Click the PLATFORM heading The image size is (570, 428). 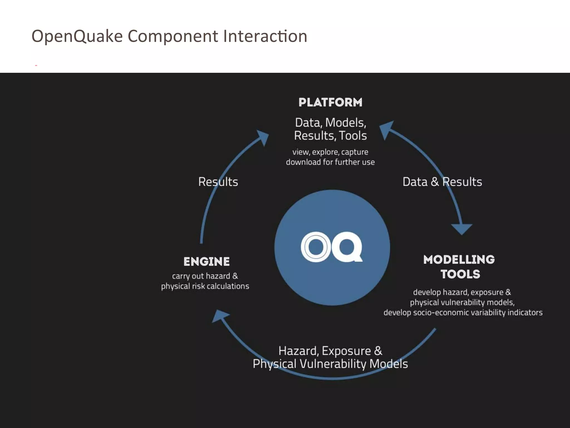click(x=330, y=102)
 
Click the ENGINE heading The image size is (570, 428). click(x=207, y=261)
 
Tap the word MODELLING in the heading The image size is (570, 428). click(x=459, y=259)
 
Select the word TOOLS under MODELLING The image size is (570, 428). click(x=460, y=274)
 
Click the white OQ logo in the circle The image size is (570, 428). click(x=331, y=247)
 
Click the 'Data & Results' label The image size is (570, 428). click(x=442, y=182)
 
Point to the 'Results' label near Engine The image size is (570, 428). click(x=218, y=182)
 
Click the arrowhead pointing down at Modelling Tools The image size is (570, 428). click(x=461, y=229)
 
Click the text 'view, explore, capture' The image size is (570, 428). click(x=330, y=152)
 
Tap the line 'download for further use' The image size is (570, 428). click(x=330, y=162)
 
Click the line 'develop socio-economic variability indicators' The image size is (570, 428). click(x=463, y=312)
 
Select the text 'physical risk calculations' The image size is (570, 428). click(x=205, y=286)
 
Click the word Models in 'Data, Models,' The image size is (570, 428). click(x=345, y=123)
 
